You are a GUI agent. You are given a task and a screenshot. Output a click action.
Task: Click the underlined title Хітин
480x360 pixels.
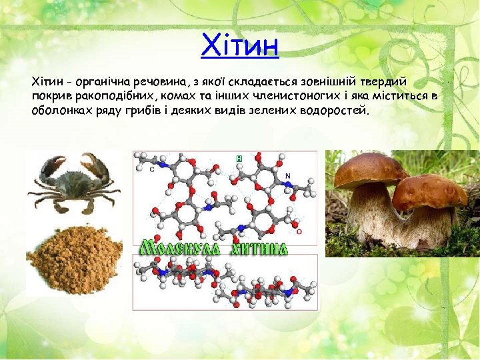[x=239, y=45]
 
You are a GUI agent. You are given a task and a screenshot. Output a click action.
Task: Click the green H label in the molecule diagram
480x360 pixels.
[x=239, y=159]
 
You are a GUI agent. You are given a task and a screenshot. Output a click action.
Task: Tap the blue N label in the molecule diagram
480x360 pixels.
[x=287, y=176]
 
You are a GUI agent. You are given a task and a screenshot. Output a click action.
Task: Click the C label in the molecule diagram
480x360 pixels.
[x=152, y=169]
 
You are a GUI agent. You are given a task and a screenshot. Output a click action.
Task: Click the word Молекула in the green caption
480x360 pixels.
[x=179, y=248]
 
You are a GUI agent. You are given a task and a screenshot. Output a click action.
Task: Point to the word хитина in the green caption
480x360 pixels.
[x=259, y=249]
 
